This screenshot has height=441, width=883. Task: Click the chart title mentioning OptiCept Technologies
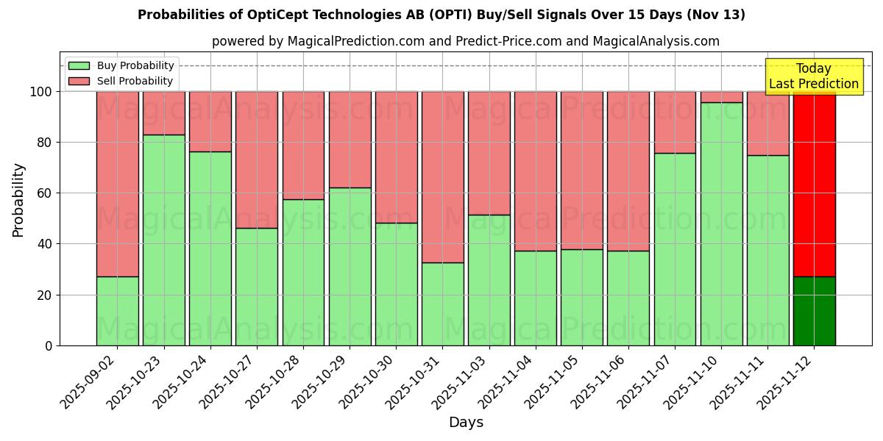(x=441, y=15)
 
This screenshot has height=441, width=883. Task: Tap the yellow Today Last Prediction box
(x=813, y=76)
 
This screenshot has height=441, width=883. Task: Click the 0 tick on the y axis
(x=49, y=345)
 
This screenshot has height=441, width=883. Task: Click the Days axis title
(x=466, y=423)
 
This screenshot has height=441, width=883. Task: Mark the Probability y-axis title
(x=18, y=200)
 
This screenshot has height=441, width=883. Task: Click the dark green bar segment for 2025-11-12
(x=814, y=311)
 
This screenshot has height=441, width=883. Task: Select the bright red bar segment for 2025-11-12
(x=814, y=184)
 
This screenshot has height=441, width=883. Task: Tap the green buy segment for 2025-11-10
(x=721, y=224)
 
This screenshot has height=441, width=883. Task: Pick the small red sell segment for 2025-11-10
(x=721, y=97)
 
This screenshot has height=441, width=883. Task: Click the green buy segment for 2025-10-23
(x=163, y=240)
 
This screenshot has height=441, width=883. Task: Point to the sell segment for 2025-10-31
(x=442, y=176)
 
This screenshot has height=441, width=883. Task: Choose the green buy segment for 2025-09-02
(x=117, y=311)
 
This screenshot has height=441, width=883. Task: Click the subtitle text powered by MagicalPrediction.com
(x=466, y=41)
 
